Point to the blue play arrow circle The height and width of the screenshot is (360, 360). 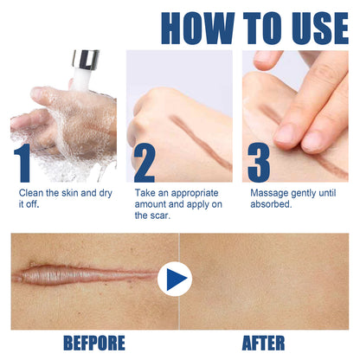coord(177,280)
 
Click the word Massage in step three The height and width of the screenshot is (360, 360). coord(271,192)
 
